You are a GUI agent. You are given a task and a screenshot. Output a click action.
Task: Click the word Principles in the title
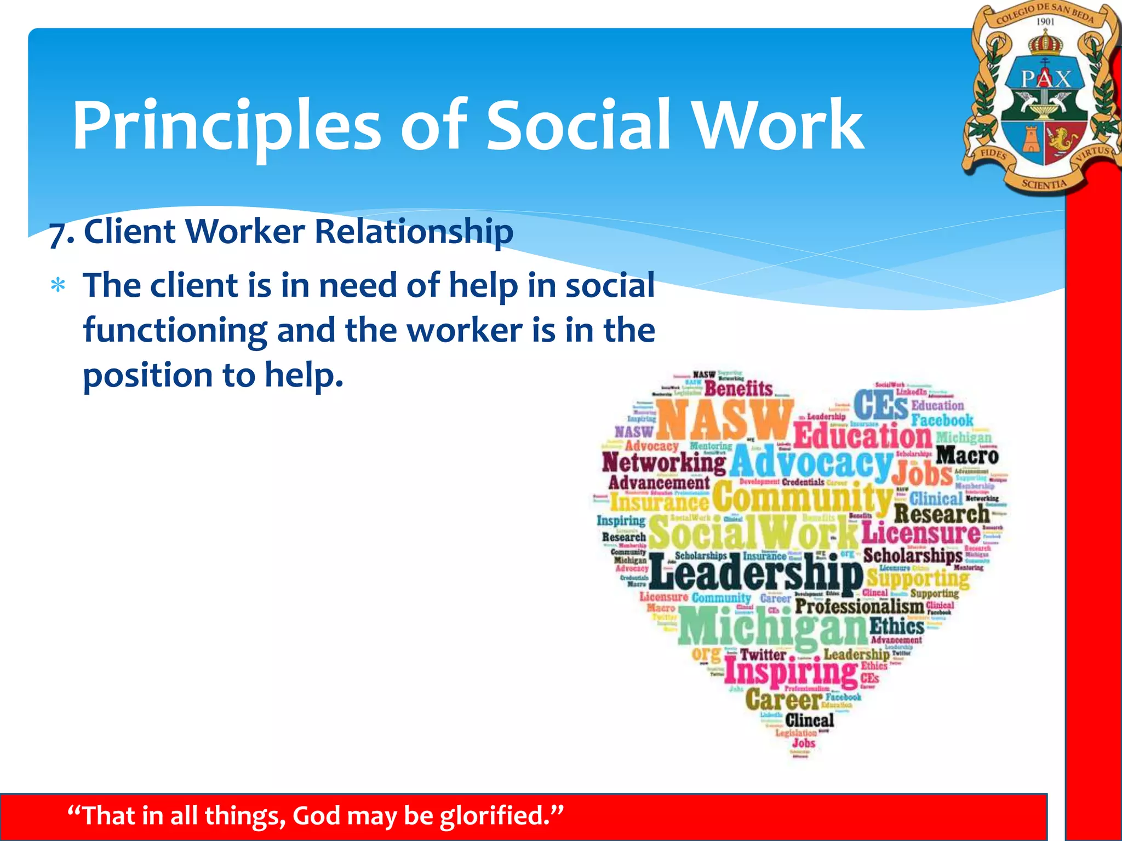[x=226, y=126]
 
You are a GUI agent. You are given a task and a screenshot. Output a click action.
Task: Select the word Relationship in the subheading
[x=414, y=231]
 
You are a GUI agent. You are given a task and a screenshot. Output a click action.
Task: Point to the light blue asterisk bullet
[x=58, y=286]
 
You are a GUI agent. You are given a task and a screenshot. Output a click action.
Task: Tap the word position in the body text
[x=147, y=376]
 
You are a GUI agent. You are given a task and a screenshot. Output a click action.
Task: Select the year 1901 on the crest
[x=1045, y=22]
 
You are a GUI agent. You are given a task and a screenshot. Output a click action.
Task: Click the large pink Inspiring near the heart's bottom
[x=791, y=672]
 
